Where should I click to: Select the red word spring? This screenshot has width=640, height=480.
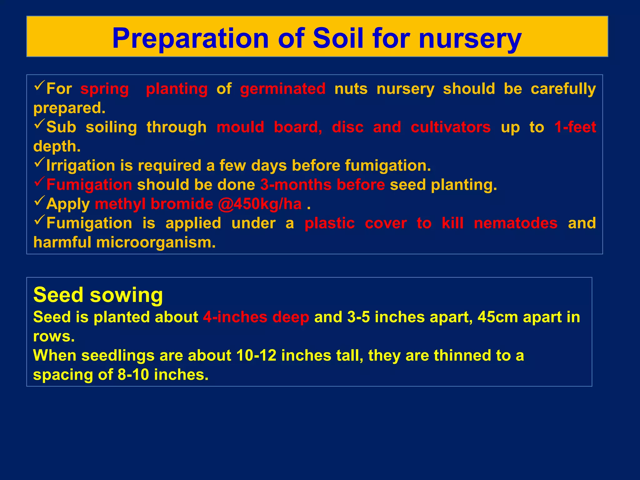104,89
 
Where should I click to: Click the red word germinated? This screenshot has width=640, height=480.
283,89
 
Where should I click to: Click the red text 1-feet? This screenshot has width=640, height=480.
575,127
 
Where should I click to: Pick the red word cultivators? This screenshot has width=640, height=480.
450,127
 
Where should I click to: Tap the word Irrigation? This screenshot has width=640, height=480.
81,166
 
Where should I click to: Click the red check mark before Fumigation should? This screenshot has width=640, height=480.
40,182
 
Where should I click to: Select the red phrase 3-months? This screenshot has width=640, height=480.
296,185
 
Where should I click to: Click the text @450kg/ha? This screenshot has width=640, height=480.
260,204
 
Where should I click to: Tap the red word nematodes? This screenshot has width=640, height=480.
515,223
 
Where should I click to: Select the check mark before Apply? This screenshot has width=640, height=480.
40,201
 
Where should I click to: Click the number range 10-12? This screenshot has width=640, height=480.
256,356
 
